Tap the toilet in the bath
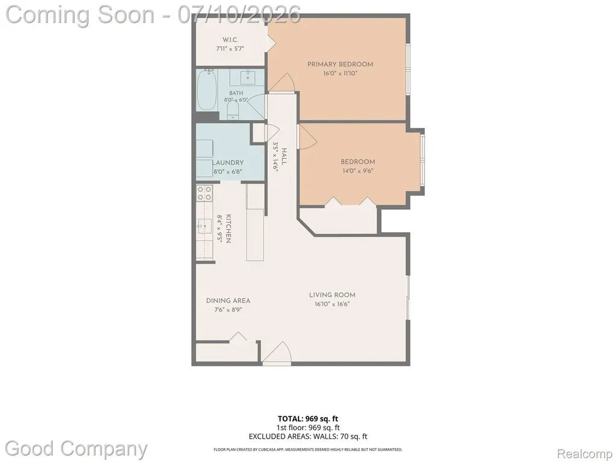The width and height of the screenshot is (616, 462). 233,111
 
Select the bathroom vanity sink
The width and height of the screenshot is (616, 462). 248,78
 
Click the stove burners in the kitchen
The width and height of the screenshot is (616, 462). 205,193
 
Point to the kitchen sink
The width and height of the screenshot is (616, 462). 205,226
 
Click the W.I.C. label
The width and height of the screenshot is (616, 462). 230,40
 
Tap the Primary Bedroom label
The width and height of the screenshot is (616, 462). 340,64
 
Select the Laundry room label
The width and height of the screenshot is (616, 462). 228,162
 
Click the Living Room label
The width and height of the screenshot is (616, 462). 332,295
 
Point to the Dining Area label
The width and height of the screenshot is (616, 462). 228,301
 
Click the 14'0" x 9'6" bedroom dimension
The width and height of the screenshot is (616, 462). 357,171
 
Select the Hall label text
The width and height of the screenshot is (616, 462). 284,157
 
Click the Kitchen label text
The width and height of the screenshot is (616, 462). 228,229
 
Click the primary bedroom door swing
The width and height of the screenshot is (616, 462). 282,82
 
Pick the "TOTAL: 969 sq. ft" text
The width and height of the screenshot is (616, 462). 307,419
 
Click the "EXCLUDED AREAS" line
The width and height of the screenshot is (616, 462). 308,436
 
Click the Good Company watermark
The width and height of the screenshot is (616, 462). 76,448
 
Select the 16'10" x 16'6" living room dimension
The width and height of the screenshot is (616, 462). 332,304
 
